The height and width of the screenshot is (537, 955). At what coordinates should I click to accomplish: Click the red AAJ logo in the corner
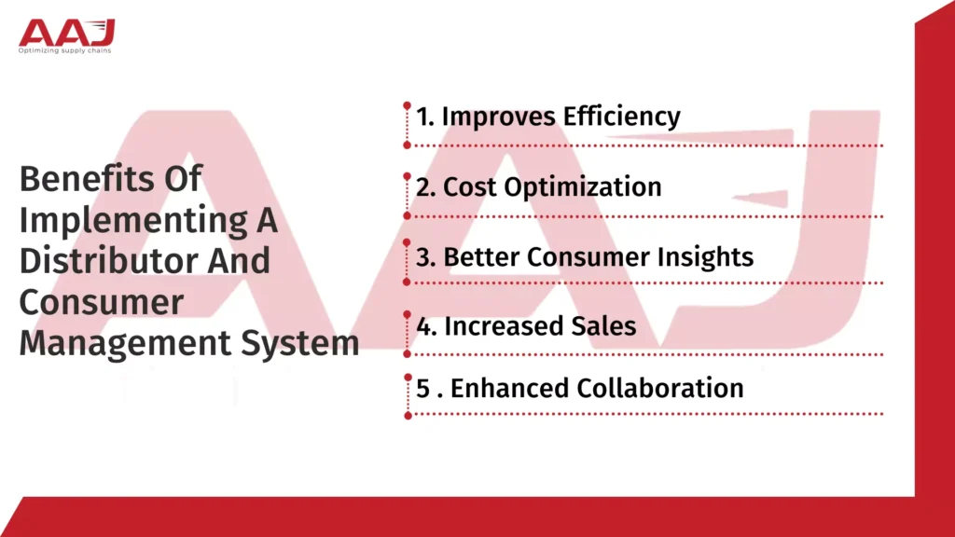click(x=66, y=31)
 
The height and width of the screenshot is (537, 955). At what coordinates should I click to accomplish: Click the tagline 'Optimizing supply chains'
click(x=66, y=50)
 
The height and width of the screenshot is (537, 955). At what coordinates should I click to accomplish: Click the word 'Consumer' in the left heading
click(x=102, y=301)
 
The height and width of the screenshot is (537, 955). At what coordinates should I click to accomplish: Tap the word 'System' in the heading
click(x=300, y=342)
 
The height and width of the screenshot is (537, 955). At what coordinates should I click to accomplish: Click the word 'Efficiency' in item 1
click(x=622, y=117)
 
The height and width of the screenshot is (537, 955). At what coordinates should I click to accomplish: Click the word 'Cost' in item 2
click(x=470, y=186)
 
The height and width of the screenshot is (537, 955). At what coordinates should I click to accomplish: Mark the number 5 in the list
click(x=422, y=389)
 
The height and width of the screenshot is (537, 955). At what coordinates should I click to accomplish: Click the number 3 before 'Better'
click(x=422, y=257)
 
